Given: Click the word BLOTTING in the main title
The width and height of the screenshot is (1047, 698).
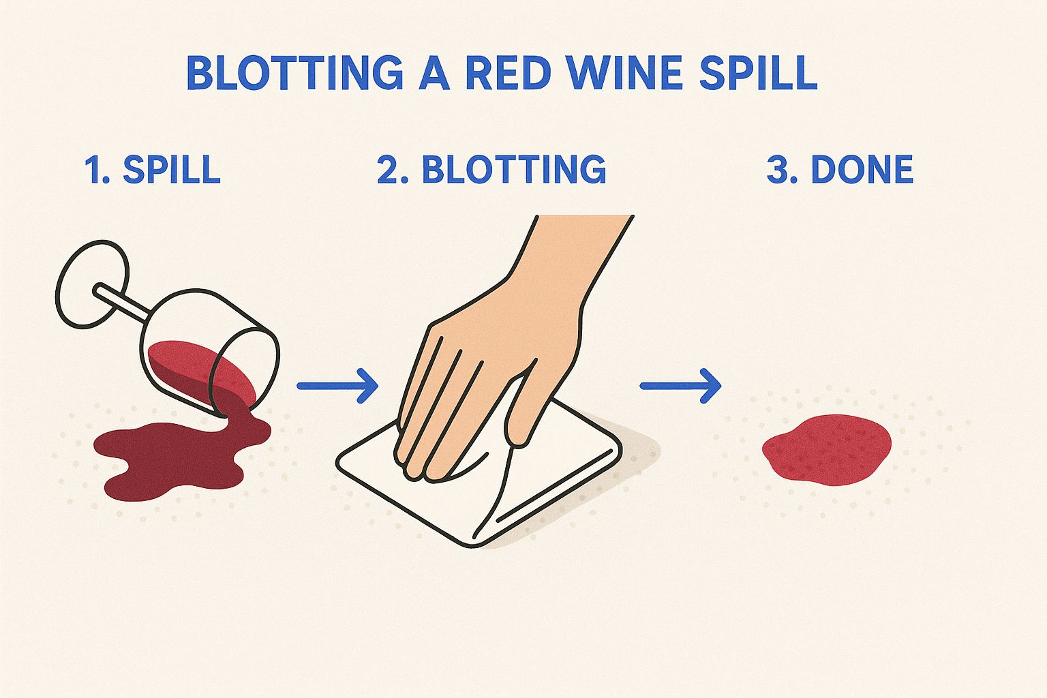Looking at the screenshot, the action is pyautogui.click(x=294, y=72).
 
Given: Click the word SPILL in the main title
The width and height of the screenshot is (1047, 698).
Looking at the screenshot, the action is pyautogui.click(x=758, y=72).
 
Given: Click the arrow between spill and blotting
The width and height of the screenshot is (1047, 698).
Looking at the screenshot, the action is pyautogui.click(x=337, y=386).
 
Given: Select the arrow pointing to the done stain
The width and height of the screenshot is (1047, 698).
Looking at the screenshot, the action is pyautogui.click(x=680, y=386).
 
